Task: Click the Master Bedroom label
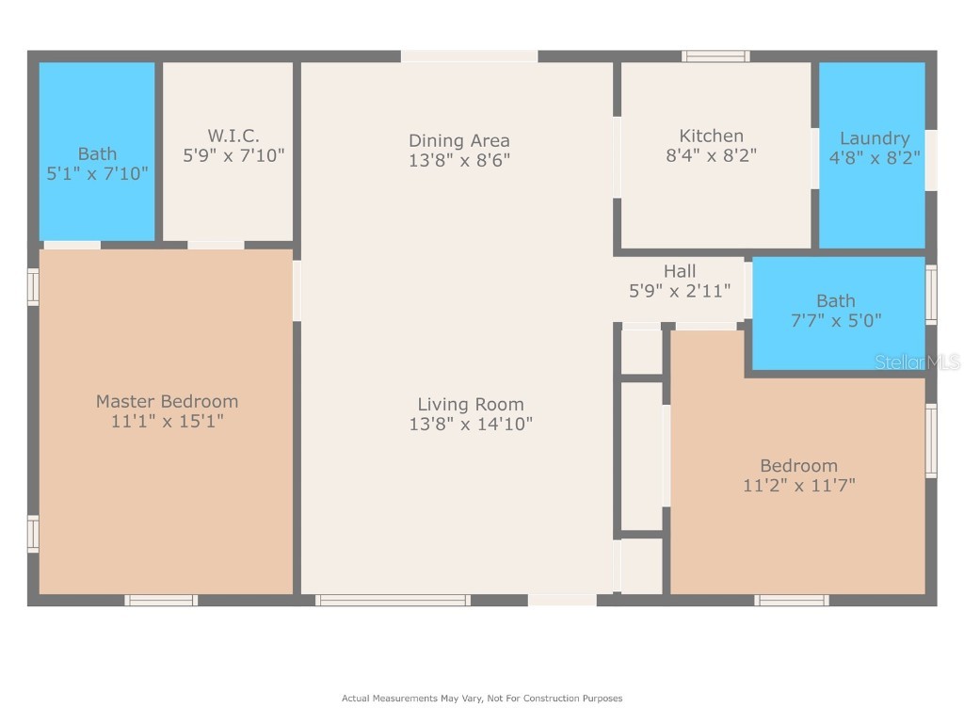[168, 401]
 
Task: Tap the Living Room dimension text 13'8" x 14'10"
[471, 424]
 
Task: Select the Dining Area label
[459, 141]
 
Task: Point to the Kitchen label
[712, 136]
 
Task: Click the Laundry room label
[875, 139]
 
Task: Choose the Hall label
[680, 271]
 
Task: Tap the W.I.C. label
[233, 136]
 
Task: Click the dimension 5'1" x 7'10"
[97, 173]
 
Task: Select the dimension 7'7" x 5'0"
[836, 320]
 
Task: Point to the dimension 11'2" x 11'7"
[798, 486]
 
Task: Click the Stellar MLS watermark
[917, 362]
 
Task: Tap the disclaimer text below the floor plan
[482, 699]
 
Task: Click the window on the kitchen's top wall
[715, 56]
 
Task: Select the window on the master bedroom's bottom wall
[161, 600]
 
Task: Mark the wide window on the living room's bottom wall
[393, 600]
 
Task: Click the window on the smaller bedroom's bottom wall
[792, 600]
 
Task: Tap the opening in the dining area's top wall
[470, 56]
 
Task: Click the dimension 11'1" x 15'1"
[168, 421]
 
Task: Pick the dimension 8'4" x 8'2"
[712, 155]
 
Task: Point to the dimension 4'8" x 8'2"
[875, 158]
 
